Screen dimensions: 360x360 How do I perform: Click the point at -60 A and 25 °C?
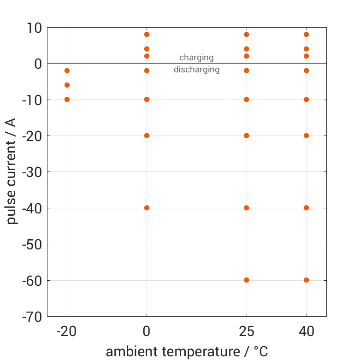point(247,280)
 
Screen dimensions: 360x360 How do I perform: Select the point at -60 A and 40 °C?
point(306,280)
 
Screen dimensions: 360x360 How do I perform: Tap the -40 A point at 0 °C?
point(147,207)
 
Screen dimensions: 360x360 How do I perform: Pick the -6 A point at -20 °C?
point(67,85)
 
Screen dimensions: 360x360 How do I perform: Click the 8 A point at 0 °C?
point(147,34)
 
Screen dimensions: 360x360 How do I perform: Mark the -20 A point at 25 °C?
point(247,136)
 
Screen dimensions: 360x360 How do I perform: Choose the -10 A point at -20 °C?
point(67,99)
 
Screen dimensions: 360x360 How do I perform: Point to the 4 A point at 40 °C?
point(306,49)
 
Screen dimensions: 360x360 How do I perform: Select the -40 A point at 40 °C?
point(306,207)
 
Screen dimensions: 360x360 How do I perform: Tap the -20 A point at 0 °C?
point(147,136)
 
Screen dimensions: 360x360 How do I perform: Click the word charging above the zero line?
point(196,58)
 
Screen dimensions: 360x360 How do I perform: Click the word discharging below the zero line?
point(196,70)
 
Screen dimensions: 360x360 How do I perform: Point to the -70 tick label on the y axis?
point(32,317)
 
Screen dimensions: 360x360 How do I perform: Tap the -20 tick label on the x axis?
point(67,331)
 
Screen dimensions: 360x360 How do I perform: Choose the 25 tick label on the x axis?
point(247,331)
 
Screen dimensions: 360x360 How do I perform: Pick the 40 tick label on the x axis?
point(306,331)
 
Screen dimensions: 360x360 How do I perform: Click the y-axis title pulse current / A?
point(12,171)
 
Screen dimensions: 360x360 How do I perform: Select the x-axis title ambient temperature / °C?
point(187,352)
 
